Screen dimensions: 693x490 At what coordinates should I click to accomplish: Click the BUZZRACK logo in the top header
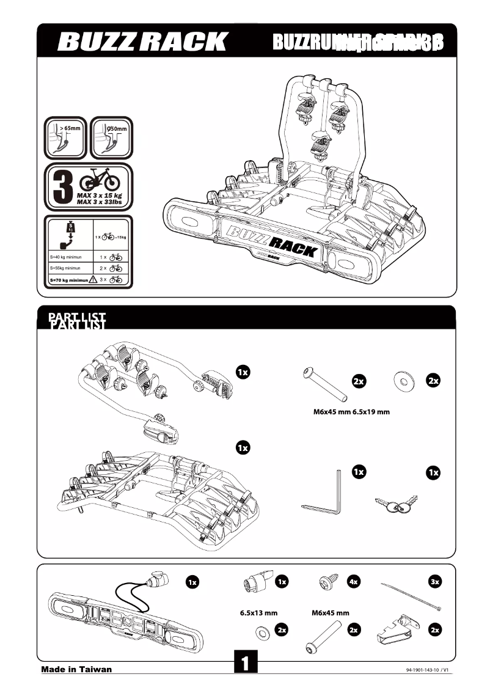tap(142, 42)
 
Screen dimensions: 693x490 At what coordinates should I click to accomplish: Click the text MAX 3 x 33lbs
tap(101, 201)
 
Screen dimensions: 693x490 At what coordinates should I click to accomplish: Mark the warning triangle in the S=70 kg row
tap(93, 280)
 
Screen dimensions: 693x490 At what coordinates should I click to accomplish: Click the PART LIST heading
tap(77, 320)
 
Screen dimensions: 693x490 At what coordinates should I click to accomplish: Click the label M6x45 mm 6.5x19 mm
tap(348, 412)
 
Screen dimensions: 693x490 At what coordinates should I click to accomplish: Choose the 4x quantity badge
tap(353, 582)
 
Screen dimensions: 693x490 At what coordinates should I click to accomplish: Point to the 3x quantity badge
tap(434, 582)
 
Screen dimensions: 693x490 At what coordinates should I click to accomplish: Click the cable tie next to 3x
tap(410, 596)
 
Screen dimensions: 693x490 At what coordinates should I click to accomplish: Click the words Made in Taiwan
tap(76, 669)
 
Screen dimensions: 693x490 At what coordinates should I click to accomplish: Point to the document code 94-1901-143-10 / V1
tap(427, 670)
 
